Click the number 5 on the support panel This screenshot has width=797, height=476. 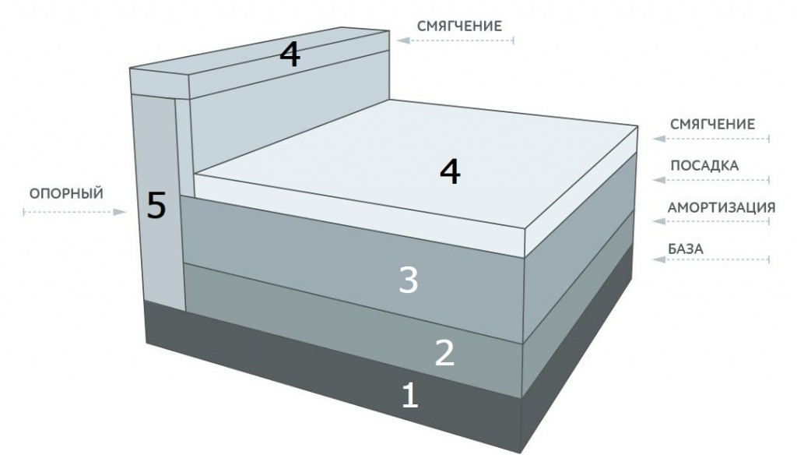point(156,205)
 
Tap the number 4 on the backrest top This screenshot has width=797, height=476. point(290,54)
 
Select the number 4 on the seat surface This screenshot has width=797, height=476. point(450,171)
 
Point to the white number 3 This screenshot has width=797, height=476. point(409,280)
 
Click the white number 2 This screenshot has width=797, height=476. point(444,352)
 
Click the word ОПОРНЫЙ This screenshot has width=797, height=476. point(67,194)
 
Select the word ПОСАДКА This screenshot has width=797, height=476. point(704,165)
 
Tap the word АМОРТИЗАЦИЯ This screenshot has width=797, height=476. point(722,207)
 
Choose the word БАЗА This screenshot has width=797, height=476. point(686,249)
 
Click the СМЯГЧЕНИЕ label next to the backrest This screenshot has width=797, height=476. point(459,26)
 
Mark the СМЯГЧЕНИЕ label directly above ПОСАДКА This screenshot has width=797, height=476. point(713,124)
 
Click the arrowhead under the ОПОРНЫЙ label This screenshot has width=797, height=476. point(120,212)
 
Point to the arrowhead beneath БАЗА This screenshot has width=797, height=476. point(659,260)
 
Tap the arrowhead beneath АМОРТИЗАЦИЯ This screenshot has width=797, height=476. point(659,221)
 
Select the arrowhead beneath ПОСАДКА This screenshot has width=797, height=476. point(659,179)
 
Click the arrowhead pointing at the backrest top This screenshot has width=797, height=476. point(404,41)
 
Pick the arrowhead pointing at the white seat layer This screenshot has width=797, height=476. point(659,139)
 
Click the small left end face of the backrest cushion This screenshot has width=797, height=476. point(160,83)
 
